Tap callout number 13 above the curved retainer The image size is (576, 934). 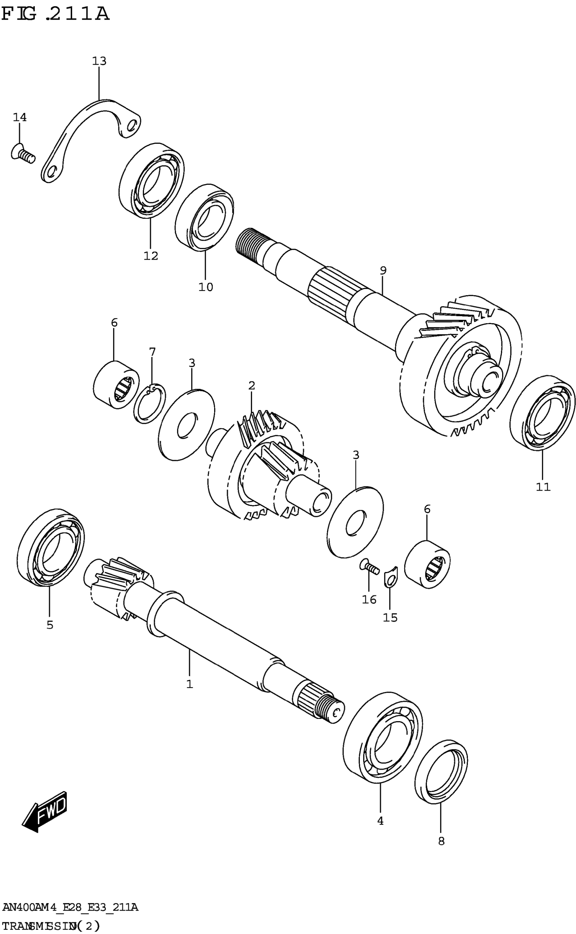click(99, 61)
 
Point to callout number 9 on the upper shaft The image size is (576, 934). click(383, 270)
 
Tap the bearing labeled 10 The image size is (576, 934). click(205, 218)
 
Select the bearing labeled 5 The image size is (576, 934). click(51, 547)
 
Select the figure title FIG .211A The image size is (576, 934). click(55, 14)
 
